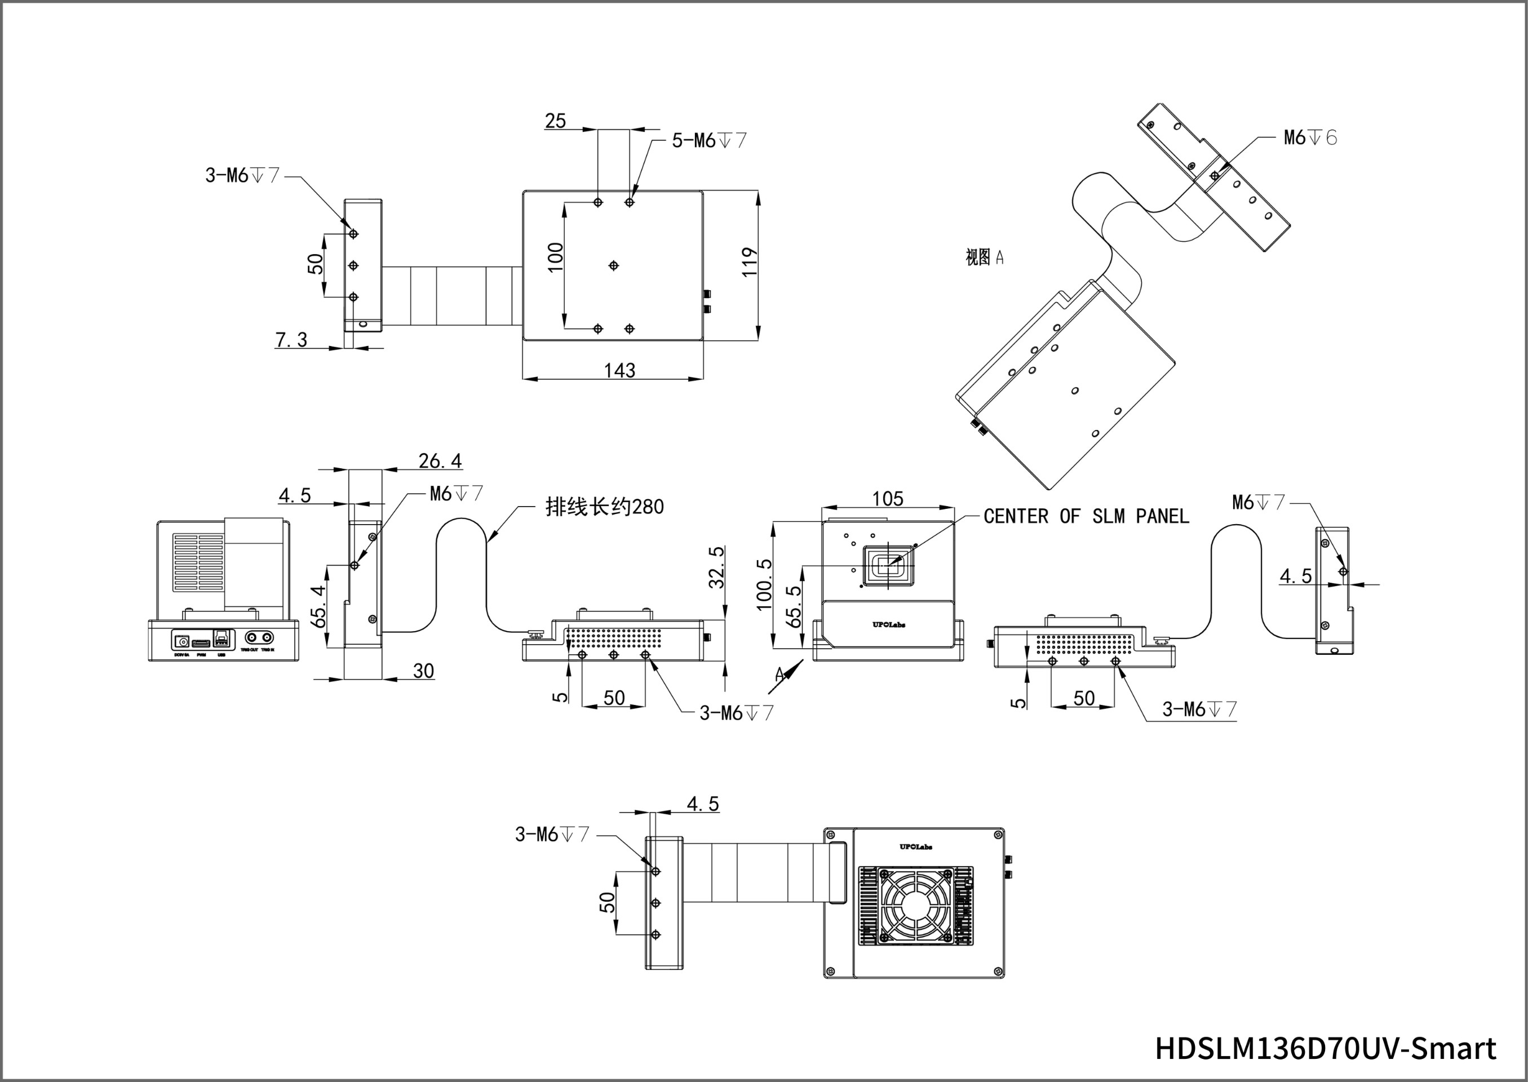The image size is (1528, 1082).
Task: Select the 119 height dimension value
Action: click(x=750, y=262)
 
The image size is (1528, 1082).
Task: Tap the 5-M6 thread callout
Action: click(x=709, y=140)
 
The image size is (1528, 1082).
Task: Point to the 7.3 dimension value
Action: click(x=291, y=340)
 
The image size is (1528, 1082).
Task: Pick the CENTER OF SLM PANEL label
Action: click(x=1086, y=516)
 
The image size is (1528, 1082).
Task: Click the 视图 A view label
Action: click(x=984, y=257)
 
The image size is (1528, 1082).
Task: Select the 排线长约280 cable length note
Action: click(x=604, y=507)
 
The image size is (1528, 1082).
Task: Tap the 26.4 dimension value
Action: click(x=440, y=460)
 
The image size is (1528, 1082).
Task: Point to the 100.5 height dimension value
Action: click(x=764, y=584)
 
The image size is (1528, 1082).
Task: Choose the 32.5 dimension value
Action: click(x=716, y=567)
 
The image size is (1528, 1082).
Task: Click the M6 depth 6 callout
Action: click(x=1310, y=138)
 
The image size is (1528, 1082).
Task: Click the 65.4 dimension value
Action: click(x=318, y=606)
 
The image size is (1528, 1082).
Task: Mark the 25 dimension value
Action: click(x=555, y=121)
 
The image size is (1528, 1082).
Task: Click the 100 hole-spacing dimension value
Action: click(x=555, y=256)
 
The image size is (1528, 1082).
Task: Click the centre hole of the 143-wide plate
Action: click(x=614, y=266)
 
